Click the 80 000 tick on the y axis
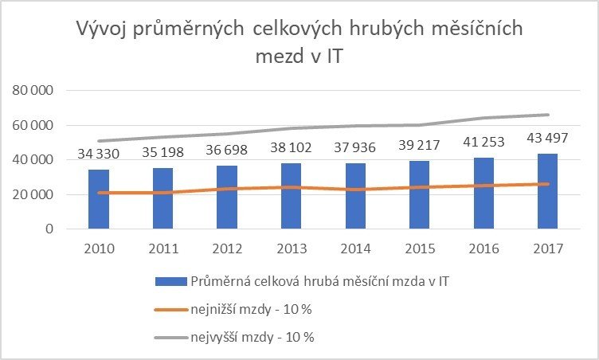click(x=33, y=91)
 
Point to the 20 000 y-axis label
click(x=33, y=194)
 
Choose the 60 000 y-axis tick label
click(x=33, y=126)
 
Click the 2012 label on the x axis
click(x=228, y=248)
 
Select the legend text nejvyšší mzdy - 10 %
click(x=253, y=336)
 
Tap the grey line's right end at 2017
click(x=548, y=115)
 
